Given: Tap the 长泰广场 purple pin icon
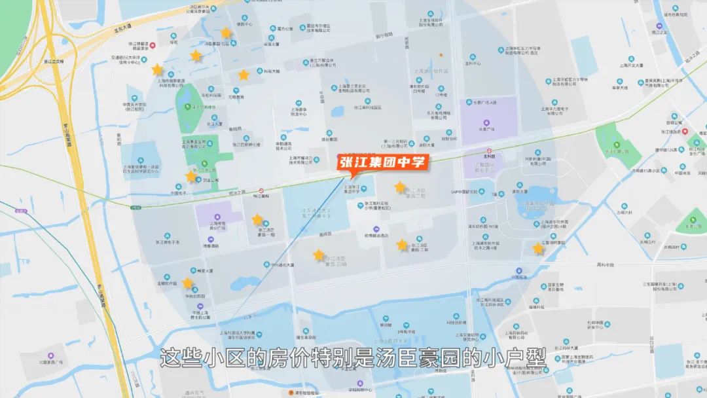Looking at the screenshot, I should [486, 123].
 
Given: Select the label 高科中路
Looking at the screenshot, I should [605, 265].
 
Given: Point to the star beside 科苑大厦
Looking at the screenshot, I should [244, 75].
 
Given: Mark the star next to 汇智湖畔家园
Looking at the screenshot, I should [538, 248].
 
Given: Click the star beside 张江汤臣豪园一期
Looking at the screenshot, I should [257, 220].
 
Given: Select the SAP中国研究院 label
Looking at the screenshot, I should [466, 192].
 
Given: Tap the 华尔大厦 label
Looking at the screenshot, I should [271, 44].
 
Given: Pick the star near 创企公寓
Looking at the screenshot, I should [191, 175].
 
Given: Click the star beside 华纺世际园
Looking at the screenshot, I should [188, 283].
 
